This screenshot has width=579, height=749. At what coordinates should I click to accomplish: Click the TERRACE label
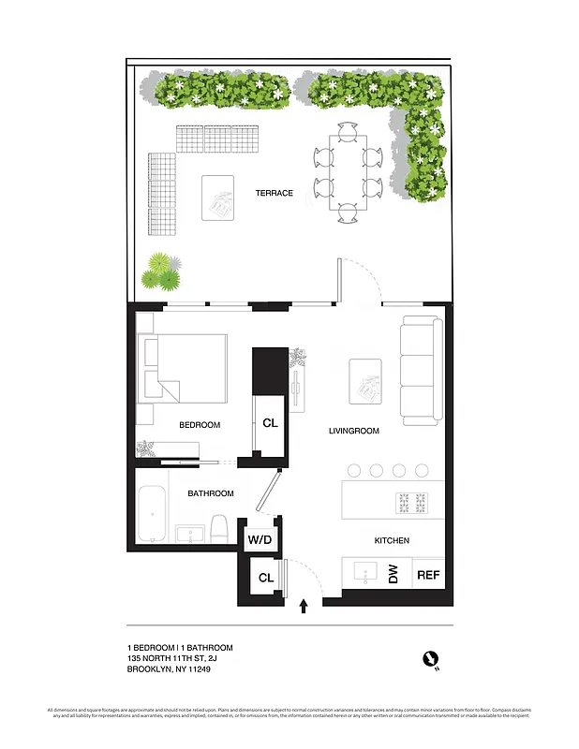pos(275,193)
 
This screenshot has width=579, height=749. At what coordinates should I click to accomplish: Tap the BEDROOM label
pos(200,425)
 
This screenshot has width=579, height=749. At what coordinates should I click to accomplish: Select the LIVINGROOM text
pos(352,432)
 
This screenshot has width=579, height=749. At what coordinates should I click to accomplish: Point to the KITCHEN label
pos(391,541)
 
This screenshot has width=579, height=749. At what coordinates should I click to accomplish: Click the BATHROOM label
pos(211,493)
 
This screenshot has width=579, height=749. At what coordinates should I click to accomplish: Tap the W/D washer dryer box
pos(259,540)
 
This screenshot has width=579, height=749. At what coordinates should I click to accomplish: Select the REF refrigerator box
pos(428,575)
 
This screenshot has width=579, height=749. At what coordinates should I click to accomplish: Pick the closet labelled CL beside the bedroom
pos(270,423)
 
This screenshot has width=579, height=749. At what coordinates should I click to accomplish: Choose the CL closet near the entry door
pos(266,578)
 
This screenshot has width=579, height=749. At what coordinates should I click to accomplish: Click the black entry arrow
pos(304,607)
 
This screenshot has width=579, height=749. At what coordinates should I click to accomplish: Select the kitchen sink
pos(364,571)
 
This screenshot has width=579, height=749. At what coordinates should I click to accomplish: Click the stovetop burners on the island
pos(413,504)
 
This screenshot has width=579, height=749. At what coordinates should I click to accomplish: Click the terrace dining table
pos(347,173)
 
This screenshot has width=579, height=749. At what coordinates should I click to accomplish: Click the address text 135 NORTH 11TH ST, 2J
pos(180,659)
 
